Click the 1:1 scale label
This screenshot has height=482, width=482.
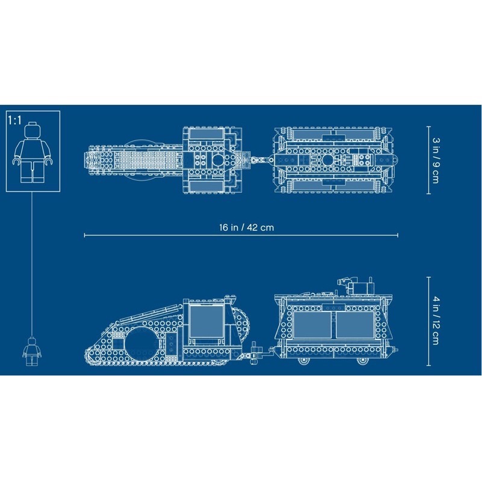click(14, 120)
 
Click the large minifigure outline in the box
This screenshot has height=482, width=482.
click(31, 154)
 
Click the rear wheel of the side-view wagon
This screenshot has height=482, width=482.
click(361, 360)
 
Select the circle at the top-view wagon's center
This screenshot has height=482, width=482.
click(327, 160)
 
